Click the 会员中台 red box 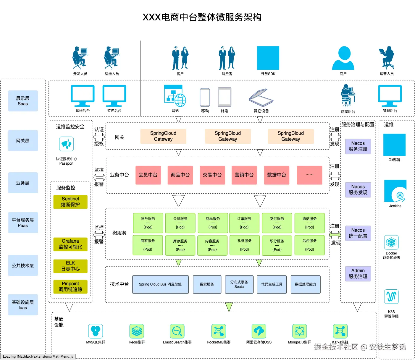click(x=148, y=175)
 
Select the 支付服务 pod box click(x=277, y=223)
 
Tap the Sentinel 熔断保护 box click(x=70, y=202)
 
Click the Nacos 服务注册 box click(x=358, y=146)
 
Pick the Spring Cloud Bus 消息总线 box click(x=160, y=284)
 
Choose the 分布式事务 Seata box click(x=239, y=284)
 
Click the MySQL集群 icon click(x=96, y=331)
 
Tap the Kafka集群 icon click(x=340, y=331)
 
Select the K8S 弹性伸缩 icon click(x=391, y=296)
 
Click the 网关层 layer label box click(x=23, y=141)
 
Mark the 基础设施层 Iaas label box click(x=23, y=305)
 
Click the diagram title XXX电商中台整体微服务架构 click(x=202, y=17)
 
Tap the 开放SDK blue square click(x=268, y=58)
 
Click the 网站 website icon click(x=175, y=96)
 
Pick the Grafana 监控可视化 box click(x=70, y=244)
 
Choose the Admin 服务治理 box click(x=358, y=274)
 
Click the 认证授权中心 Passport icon click(x=66, y=144)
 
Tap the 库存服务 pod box click(x=180, y=245)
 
